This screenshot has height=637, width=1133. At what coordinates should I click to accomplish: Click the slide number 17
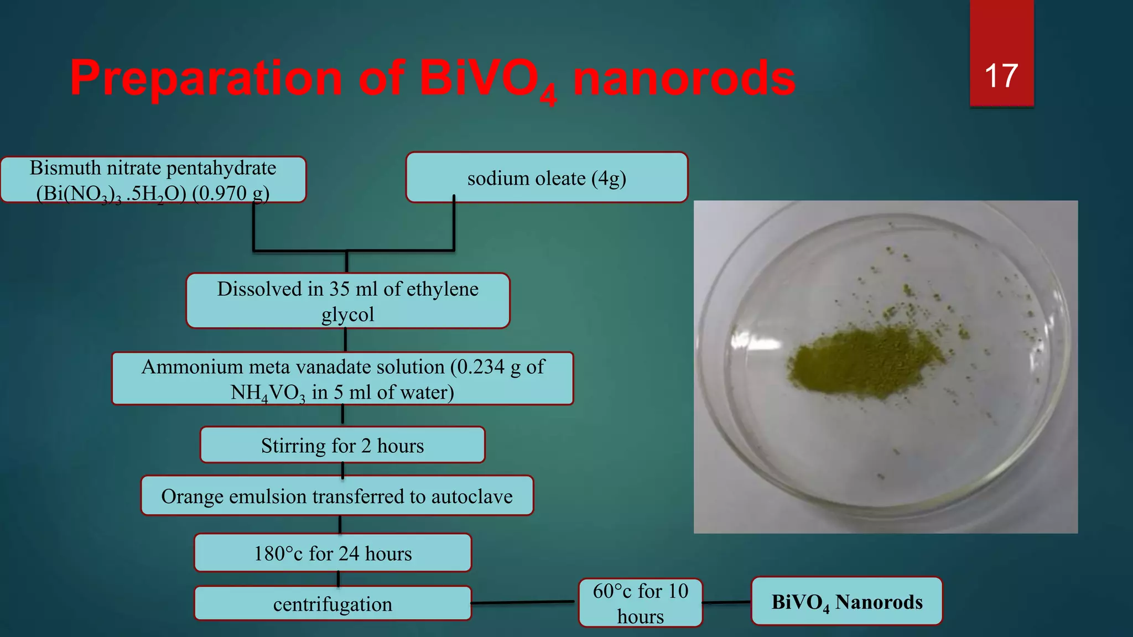click(x=1001, y=76)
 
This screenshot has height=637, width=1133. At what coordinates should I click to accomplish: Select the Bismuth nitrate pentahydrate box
click(x=153, y=180)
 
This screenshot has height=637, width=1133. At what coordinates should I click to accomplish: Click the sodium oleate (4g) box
click(x=547, y=178)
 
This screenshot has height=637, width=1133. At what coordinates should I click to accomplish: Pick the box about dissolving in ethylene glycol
click(x=347, y=301)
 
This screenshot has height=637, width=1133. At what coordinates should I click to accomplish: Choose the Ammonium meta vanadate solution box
click(x=342, y=379)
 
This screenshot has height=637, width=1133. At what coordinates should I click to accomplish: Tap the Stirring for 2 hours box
click(x=342, y=445)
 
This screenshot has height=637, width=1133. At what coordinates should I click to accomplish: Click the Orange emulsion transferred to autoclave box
click(x=337, y=496)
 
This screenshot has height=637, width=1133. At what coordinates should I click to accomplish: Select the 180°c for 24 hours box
click(x=332, y=553)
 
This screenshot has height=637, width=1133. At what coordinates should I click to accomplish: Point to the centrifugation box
click(x=332, y=604)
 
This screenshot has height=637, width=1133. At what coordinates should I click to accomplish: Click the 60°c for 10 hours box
click(x=641, y=603)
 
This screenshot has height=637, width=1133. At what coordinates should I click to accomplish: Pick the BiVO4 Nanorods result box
click(x=846, y=602)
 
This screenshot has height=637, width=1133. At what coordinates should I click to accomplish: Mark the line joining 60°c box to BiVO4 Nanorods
click(x=726, y=602)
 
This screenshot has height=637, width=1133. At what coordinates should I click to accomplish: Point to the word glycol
click(x=347, y=314)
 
